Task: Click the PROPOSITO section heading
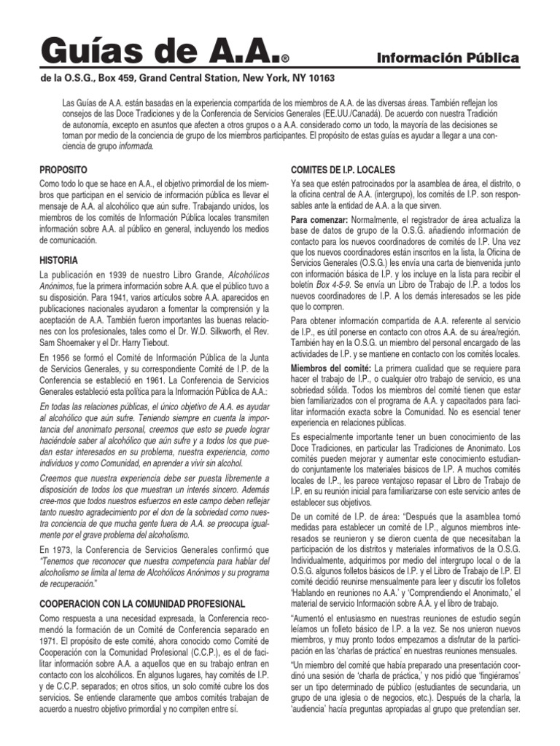(x=63, y=169)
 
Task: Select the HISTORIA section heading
(x=60, y=260)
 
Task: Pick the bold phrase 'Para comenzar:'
(x=319, y=220)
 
